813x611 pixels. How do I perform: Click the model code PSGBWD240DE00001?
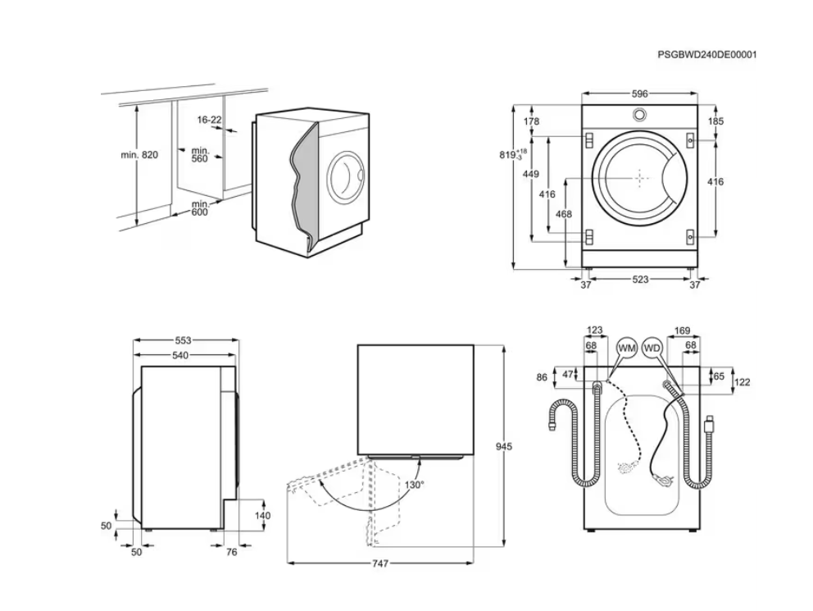tap(706, 54)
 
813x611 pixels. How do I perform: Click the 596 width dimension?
tap(639, 94)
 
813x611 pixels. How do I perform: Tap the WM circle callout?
tap(627, 349)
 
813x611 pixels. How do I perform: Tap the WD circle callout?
tap(652, 349)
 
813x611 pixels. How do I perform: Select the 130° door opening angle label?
tap(414, 485)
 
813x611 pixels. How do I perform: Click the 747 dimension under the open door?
tap(379, 563)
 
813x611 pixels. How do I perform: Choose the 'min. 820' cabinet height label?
tap(139, 154)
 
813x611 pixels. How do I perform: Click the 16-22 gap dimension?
tap(209, 120)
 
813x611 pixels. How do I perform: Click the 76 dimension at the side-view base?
tap(231, 552)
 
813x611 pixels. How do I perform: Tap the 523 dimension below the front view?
tap(640, 280)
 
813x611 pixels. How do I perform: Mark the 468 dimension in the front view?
tap(564, 214)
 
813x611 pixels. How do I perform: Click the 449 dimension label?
tap(530, 174)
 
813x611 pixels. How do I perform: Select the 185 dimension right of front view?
tap(715, 121)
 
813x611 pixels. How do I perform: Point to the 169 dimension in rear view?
tap(681, 331)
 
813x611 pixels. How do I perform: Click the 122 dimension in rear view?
tap(742, 382)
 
